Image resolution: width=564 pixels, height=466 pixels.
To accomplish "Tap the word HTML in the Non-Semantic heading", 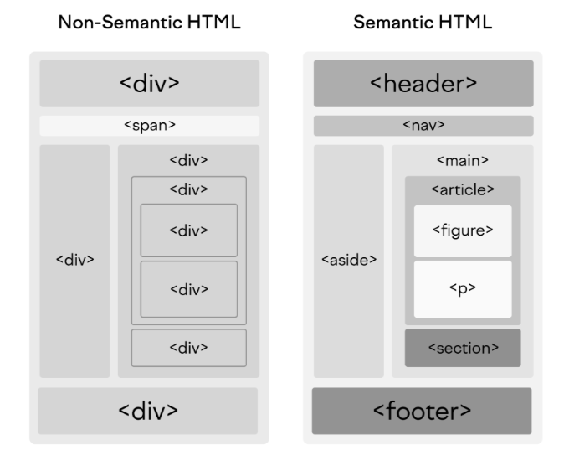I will tap(213, 23).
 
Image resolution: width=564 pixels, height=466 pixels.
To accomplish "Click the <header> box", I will tap(423, 83).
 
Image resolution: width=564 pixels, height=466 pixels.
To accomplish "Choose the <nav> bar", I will tap(423, 126).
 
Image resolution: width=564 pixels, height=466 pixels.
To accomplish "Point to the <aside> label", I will tap(348, 260).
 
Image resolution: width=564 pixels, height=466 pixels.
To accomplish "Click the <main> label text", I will tap(462, 159).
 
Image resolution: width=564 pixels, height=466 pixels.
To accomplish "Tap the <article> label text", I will tap(462, 189).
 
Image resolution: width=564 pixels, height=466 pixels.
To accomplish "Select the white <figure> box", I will tap(462, 230).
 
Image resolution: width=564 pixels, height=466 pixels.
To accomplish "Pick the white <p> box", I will tap(462, 289).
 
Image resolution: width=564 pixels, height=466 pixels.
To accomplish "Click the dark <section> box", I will tap(462, 348).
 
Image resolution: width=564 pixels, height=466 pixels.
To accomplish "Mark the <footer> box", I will tap(423, 411).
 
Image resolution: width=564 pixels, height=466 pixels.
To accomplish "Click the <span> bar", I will tap(149, 126).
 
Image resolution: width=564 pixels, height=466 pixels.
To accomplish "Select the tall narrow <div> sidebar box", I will tap(74, 260).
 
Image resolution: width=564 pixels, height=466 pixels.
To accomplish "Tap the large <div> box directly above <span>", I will tap(149, 83).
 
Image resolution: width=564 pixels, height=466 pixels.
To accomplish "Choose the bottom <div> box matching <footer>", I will tap(149, 411).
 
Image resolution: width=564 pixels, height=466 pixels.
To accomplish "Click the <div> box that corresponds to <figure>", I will tap(188, 230).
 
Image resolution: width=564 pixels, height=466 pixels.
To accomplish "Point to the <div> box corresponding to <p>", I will tap(188, 289).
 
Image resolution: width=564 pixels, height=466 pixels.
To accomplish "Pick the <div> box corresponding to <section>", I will tap(188, 348).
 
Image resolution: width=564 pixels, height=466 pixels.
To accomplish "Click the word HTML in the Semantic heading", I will tap(469, 23).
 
